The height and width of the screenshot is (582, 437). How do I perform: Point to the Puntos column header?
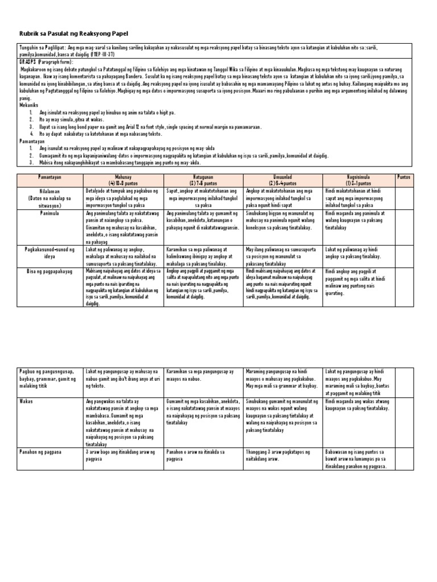tap(404, 177)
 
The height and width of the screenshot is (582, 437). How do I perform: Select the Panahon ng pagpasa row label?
tap(40, 452)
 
